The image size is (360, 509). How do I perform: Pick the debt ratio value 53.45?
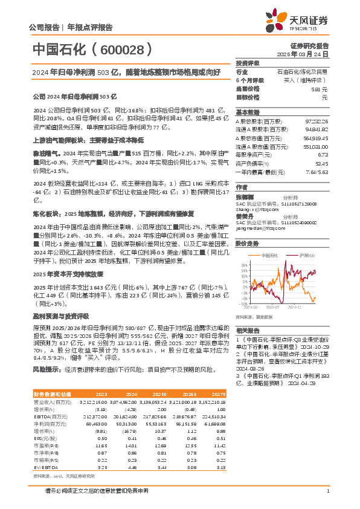click(x=321, y=163)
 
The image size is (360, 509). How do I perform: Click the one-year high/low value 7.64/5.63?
click(x=318, y=172)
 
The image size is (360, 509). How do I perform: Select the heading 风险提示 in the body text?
click(x=45, y=369)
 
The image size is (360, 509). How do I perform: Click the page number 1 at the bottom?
click(x=327, y=490)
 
